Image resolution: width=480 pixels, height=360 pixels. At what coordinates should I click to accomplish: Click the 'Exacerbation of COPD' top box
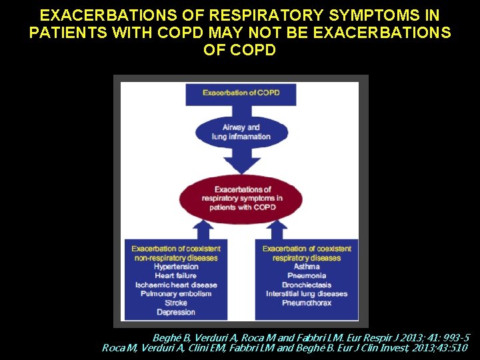(241, 93)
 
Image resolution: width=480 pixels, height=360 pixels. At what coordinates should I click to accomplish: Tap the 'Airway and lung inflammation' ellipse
(241, 132)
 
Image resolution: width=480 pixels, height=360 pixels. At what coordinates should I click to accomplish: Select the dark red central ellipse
(241, 198)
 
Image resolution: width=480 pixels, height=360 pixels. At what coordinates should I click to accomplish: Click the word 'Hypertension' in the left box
(176, 267)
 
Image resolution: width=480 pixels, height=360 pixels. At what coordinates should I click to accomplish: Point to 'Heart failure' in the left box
(176, 276)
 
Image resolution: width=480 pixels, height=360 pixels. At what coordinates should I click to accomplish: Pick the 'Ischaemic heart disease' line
(176, 285)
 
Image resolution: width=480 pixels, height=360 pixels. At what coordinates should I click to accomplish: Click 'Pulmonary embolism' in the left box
(176, 294)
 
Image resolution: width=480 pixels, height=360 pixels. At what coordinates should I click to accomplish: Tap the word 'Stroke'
(176, 303)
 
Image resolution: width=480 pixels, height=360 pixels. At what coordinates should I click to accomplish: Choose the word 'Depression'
(176, 312)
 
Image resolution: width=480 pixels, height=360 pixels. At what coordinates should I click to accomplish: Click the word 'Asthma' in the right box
(307, 267)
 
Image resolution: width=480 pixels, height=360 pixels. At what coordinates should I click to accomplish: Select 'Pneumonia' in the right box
(307, 276)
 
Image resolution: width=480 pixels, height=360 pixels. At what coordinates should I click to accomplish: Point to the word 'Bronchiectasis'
(307, 285)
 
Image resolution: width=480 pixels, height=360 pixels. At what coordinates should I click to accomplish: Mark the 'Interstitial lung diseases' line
(307, 294)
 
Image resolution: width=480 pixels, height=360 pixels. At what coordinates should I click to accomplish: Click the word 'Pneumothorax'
(307, 303)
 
